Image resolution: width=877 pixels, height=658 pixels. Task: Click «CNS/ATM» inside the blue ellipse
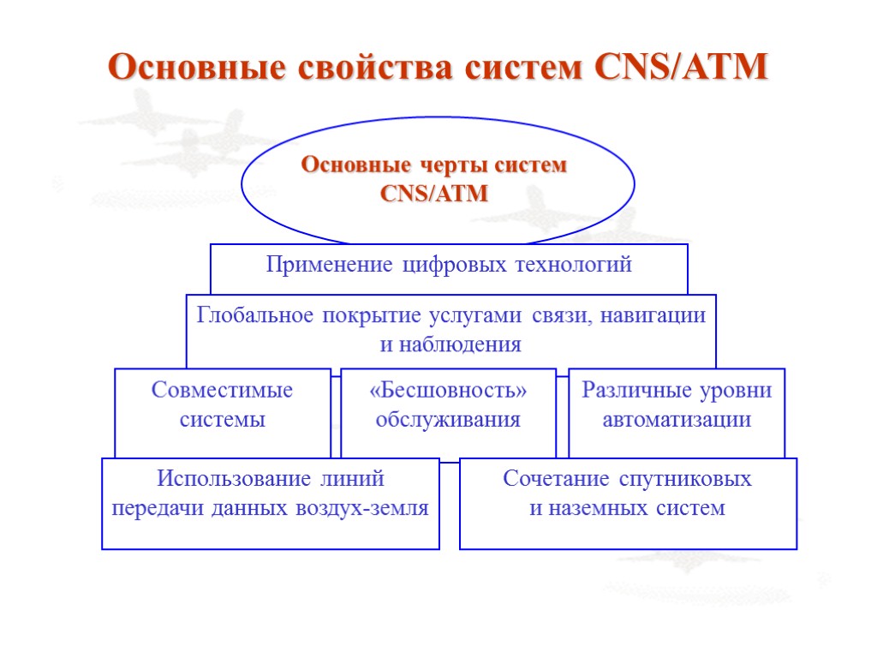pos(433,194)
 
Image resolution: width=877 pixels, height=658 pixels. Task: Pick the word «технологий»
pos(573,266)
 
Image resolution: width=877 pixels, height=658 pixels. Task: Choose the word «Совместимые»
pos(222,391)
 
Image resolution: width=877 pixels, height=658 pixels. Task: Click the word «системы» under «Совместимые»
pos(222,420)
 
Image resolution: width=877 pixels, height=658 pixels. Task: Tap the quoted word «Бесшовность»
pos(448,391)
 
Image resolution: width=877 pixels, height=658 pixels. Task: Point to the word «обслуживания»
pos(448,420)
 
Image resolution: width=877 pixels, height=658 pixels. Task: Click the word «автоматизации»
pos(677,420)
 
